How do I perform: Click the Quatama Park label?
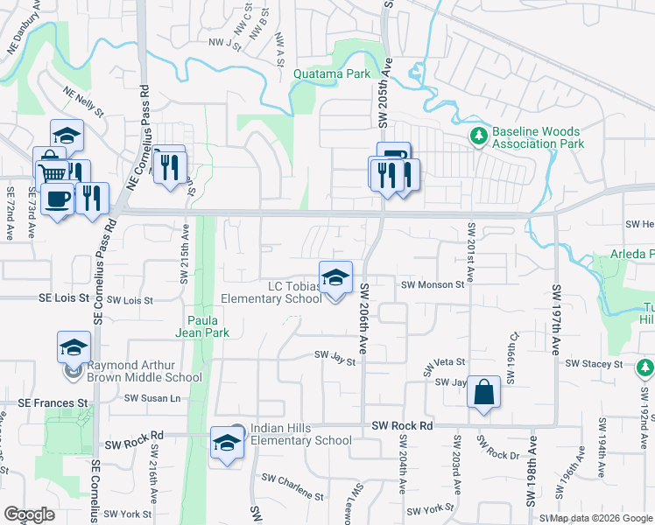pos(332,74)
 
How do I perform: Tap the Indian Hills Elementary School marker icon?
pos(227,443)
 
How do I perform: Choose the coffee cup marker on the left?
pos(58,200)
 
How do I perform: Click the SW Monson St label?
pos(432,285)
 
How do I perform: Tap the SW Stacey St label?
pos(594,363)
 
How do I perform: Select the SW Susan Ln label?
pos(151,397)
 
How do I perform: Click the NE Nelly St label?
pos(83,101)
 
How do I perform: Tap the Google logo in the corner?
pos(29,514)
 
